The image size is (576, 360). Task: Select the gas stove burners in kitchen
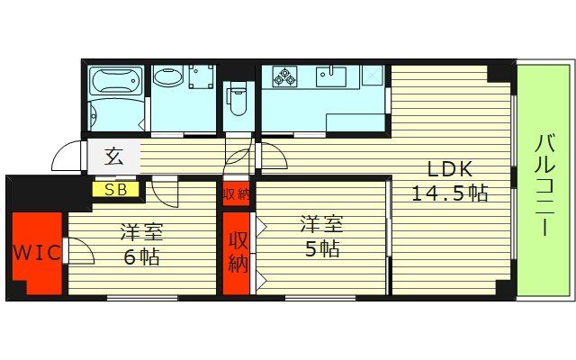[x=285, y=78]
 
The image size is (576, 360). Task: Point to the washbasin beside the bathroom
[x=171, y=77]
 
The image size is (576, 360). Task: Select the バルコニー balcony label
[x=544, y=184]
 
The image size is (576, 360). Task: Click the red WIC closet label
[x=37, y=252]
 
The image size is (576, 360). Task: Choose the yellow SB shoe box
[x=115, y=189]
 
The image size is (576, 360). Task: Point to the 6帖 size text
[x=142, y=256]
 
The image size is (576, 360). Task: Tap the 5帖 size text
[x=321, y=250]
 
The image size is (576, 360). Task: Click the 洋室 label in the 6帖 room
[x=142, y=232]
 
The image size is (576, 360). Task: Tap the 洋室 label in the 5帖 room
[x=321, y=225]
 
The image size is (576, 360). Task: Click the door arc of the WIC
[x=80, y=251]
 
